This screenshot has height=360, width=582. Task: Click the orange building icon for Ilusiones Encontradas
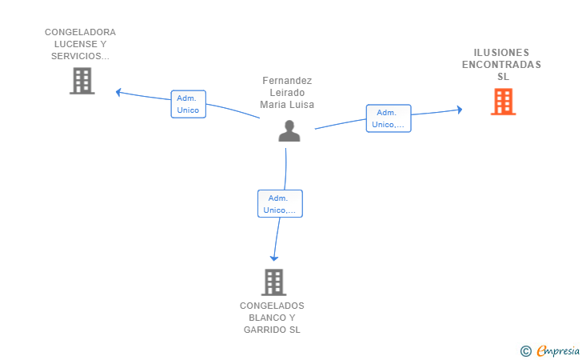[504, 102]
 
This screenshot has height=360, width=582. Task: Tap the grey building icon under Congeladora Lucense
[82, 81]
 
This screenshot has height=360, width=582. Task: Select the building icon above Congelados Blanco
[273, 282]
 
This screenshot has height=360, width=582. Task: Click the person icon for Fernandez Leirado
[289, 130]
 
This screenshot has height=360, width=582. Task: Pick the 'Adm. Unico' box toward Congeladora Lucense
[188, 104]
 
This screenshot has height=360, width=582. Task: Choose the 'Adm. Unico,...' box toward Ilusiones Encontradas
[389, 118]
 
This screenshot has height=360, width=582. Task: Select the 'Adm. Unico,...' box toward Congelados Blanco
[281, 203]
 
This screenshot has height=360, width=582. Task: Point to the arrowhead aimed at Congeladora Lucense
[118, 92]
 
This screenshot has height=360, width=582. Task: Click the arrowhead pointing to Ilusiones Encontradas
[460, 110]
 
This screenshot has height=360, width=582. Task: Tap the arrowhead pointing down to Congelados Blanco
[274, 258]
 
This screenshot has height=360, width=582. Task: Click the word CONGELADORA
[80, 32]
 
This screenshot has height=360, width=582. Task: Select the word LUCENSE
[76, 44]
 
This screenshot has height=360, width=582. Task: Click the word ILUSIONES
[501, 52]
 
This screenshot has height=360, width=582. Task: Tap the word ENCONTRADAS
[501, 65]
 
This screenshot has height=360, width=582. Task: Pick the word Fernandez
[287, 81]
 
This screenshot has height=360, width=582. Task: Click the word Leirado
[287, 93]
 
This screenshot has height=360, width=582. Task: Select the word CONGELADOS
[272, 306]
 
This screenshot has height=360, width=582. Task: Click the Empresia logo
[550, 350]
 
